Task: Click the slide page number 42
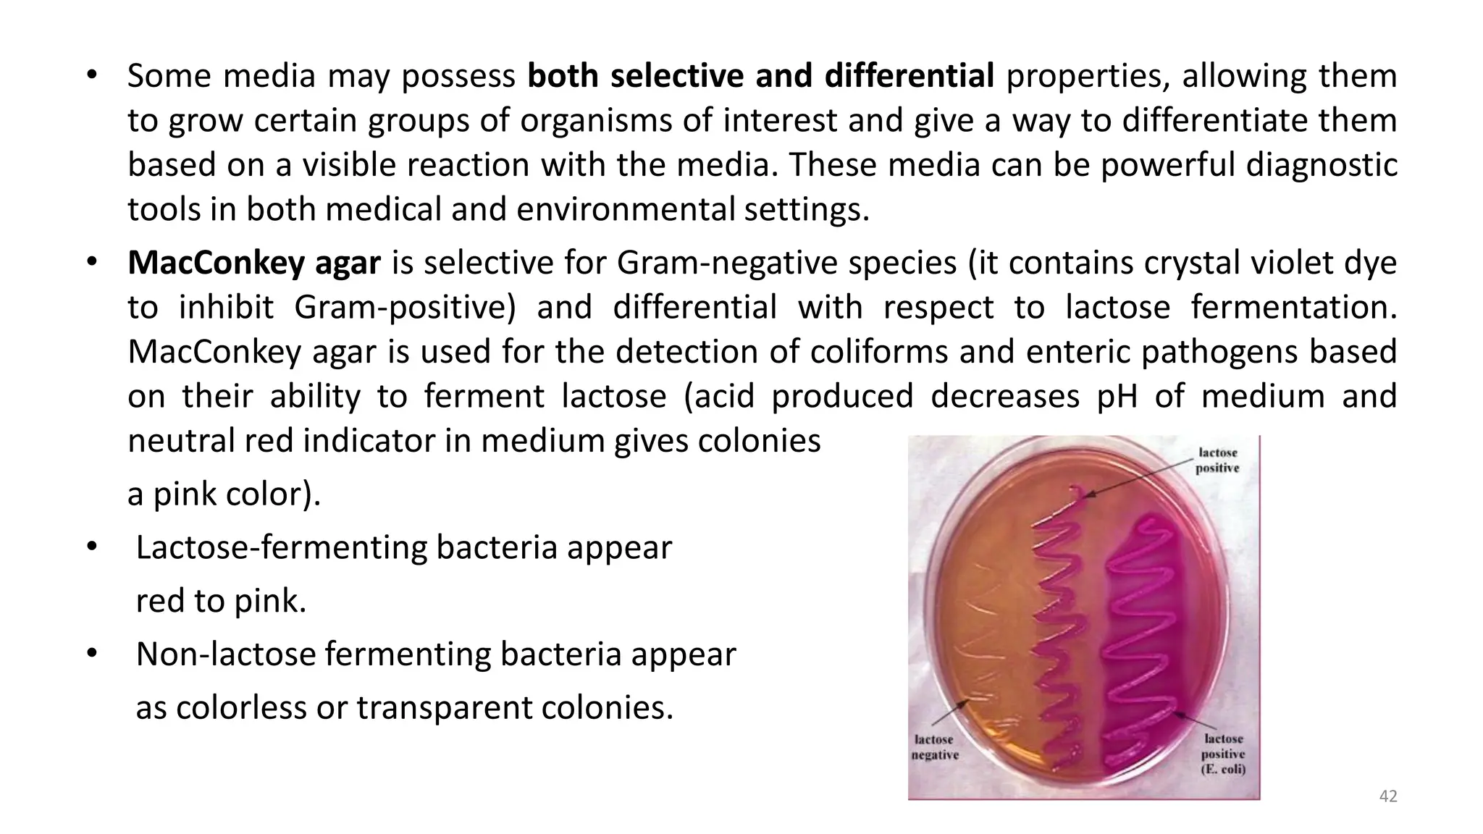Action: pyautogui.click(x=1387, y=796)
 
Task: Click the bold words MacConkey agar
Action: pyautogui.click(x=253, y=263)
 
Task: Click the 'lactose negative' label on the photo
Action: pyautogui.click(x=934, y=747)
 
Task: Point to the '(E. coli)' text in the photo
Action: pyautogui.click(x=1223, y=770)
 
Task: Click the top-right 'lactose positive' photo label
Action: pyautogui.click(x=1218, y=460)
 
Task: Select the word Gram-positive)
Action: pyautogui.click(x=405, y=308)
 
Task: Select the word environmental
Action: pyautogui.click(x=626, y=210)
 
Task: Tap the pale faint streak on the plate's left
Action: pyautogui.click(x=974, y=637)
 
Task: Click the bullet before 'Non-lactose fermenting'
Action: pyautogui.click(x=91, y=654)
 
